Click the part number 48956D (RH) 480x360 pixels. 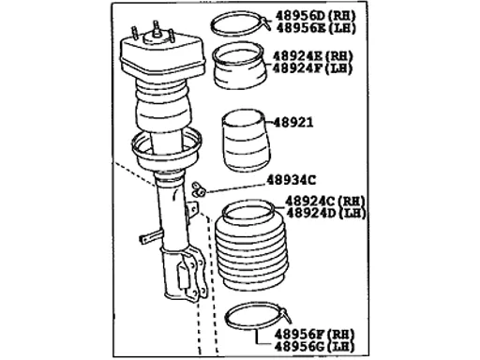click(316, 16)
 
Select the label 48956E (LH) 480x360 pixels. click(316, 28)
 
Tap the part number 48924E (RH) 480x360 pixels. click(313, 56)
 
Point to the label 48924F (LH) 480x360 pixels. click(313, 68)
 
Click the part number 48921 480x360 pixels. click(293, 123)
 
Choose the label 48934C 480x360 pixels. click(291, 180)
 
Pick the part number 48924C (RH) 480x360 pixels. click(324, 201)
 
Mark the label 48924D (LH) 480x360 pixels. click(326, 213)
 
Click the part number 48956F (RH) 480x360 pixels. click(314, 335)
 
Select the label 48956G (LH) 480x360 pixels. click(314, 347)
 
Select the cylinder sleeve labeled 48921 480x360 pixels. click(246, 141)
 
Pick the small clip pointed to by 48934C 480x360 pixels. click(198, 189)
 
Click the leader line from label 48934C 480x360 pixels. click(235, 187)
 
